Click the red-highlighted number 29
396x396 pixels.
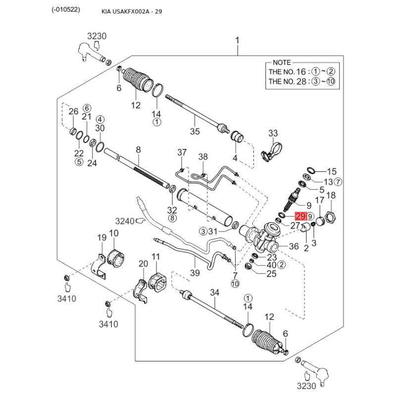click(300, 216)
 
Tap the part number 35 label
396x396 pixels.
click(195, 131)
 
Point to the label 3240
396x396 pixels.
click(125, 221)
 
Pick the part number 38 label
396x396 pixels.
click(203, 157)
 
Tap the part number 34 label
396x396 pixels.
click(214, 293)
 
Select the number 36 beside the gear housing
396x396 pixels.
click(293, 246)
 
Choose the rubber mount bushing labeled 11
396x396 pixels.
click(156, 281)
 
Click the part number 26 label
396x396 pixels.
click(73, 111)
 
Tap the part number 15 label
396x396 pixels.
click(331, 171)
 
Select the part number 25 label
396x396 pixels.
click(271, 274)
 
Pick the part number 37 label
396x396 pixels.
click(182, 152)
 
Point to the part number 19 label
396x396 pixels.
click(101, 238)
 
